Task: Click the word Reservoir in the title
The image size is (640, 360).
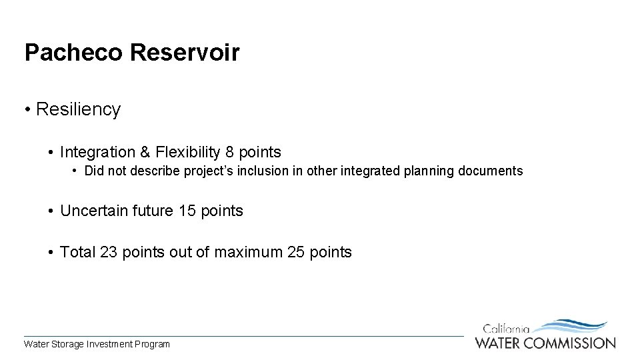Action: [x=185, y=53]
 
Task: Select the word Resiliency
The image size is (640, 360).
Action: [x=78, y=109]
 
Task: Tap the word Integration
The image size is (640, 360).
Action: [x=95, y=153]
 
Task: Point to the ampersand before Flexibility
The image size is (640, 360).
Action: [x=145, y=153]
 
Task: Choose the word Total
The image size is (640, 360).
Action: [x=78, y=253]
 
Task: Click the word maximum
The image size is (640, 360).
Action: [x=248, y=253]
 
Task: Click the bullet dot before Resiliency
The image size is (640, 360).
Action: [x=27, y=110]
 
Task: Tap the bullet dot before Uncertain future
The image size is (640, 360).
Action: [x=51, y=212]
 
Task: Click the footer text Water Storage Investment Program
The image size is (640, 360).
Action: [x=97, y=345]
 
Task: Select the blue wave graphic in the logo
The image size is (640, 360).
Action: [x=570, y=327]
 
